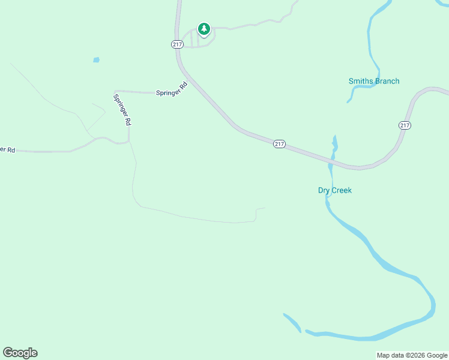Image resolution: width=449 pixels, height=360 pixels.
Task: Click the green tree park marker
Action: tap(204, 29)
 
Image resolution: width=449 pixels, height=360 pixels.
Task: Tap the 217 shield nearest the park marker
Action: tap(176, 44)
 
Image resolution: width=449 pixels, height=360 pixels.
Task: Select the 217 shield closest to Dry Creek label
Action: tap(279, 144)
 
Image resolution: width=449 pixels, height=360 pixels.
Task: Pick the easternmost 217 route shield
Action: tap(405, 125)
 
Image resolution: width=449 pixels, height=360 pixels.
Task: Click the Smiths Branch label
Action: tap(373, 81)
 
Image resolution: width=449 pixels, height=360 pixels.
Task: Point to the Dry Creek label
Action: tap(334, 190)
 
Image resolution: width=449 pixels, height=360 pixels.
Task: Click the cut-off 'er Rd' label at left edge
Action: tap(7, 149)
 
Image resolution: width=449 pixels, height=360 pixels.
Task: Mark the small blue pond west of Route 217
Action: tap(95, 60)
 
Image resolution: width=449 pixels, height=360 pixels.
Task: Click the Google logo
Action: tap(20, 353)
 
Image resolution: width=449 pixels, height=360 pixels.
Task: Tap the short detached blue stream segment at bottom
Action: tap(292, 322)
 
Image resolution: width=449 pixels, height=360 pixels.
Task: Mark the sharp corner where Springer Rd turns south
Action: tap(115, 91)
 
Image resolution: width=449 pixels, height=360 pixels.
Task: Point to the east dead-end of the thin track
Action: tap(265, 208)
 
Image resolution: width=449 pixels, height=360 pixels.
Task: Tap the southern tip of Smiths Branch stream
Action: tap(348, 102)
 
